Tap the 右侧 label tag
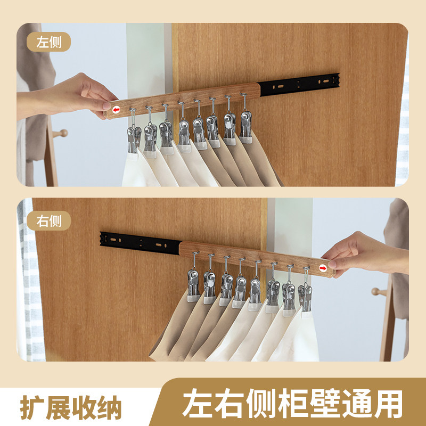tap(49, 220)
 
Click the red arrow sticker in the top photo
tap(116, 110)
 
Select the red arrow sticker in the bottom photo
tap(323, 268)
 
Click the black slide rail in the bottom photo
tap(140, 243)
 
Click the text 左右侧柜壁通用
tap(292, 405)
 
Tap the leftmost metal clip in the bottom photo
tap(193, 283)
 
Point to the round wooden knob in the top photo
tap(63, 133)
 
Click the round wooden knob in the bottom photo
tap(375, 291)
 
